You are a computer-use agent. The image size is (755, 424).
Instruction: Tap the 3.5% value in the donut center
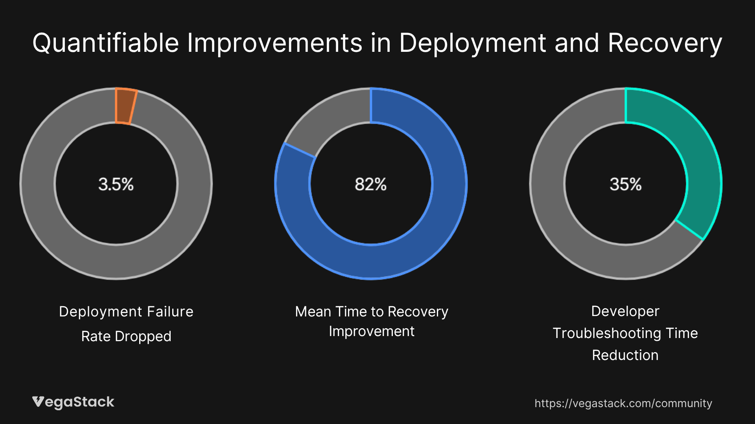coord(116,184)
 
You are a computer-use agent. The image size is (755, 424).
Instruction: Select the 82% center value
coord(370,184)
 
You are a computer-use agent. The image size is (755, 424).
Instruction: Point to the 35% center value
coord(625,184)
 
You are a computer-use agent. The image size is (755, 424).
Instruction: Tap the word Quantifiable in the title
coord(105,43)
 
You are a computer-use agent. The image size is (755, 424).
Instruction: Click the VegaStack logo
coord(73,402)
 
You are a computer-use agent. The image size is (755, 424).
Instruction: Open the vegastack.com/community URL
coord(623,404)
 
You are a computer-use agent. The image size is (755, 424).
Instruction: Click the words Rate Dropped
coord(126,336)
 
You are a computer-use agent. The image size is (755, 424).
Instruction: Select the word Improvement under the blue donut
coord(372,332)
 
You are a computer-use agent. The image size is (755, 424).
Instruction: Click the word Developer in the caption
coord(625,311)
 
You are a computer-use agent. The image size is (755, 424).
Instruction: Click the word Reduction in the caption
coord(625,355)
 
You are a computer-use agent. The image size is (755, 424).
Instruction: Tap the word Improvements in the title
coord(274,43)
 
